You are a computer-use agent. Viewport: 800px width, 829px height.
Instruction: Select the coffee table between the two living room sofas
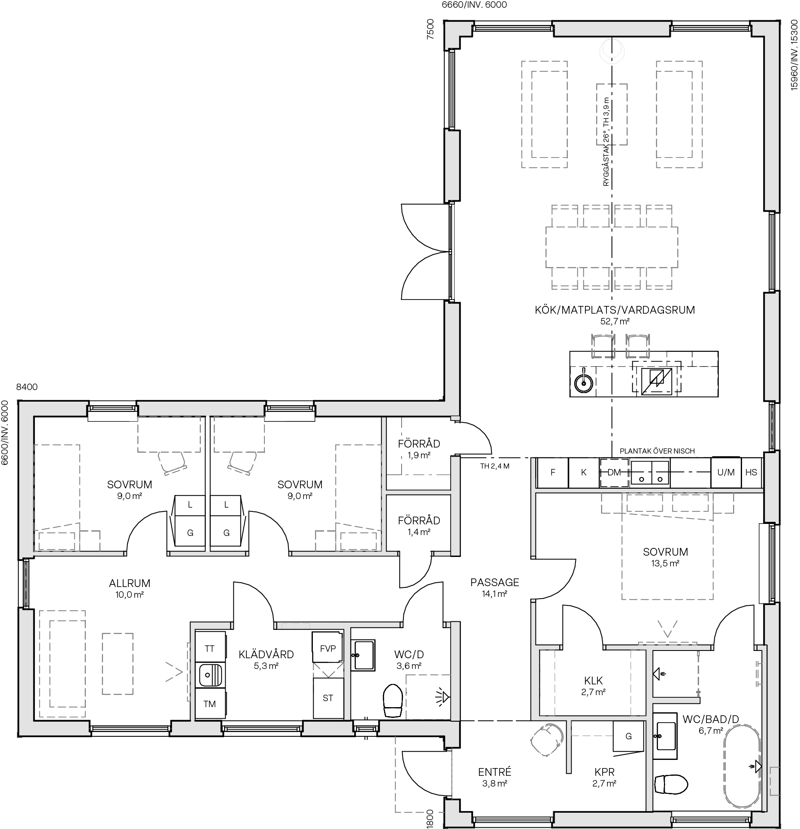pos(612,114)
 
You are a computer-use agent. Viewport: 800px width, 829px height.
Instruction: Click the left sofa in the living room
pos(544,114)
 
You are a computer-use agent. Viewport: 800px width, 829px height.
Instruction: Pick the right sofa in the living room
pos(679,114)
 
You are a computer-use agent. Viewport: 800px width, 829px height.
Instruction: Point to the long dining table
pos(612,247)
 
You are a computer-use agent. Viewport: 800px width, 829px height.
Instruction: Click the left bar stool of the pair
pos(603,346)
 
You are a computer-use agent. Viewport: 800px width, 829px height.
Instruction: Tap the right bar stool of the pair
pos(638,346)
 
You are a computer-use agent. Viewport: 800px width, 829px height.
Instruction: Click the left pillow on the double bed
pos(645,503)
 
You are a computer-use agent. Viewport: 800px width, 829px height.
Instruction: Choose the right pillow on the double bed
pos(690,503)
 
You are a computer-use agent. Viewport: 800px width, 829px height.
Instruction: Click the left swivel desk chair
pos(173,463)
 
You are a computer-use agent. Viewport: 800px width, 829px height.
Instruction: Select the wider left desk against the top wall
pos(169,434)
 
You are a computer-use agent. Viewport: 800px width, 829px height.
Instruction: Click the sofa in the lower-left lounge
pos(62,663)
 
